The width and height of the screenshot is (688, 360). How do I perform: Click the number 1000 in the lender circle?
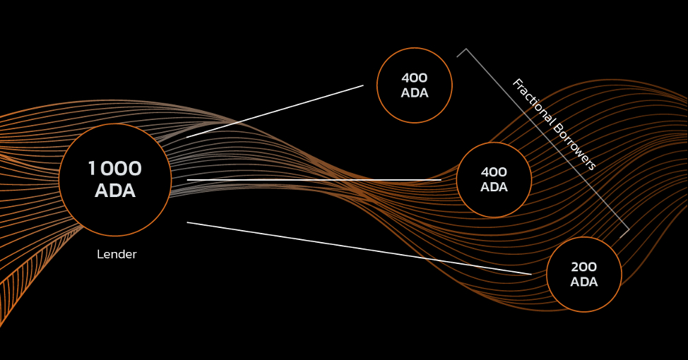(115, 169)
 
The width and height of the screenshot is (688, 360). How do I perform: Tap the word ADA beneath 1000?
(115, 191)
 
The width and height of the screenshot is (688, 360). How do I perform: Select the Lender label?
(117, 254)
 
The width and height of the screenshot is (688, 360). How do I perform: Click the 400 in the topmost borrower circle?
(414, 78)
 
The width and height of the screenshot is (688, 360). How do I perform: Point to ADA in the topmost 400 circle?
(414, 93)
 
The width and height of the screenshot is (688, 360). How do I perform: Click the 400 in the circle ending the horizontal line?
(494, 172)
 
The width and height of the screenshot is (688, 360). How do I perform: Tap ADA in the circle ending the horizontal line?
(494, 187)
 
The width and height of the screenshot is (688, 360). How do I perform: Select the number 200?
(583, 267)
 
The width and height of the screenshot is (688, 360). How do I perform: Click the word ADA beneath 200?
(583, 282)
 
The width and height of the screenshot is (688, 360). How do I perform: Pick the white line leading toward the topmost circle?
(275, 112)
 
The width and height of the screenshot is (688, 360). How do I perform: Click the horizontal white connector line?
(314, 180)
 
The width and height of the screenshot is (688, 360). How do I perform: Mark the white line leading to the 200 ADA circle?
(359, 248)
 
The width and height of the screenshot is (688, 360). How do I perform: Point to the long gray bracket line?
(547, 139)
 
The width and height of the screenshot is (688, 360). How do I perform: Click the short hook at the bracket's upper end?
(461, 53)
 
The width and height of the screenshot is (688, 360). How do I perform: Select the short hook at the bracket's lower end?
(625, 234)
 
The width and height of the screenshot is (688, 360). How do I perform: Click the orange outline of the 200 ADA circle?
(584, 237)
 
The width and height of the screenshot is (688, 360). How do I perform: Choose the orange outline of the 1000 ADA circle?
(115, 124)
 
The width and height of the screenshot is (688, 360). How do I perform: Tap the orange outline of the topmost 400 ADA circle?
(414, 48)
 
